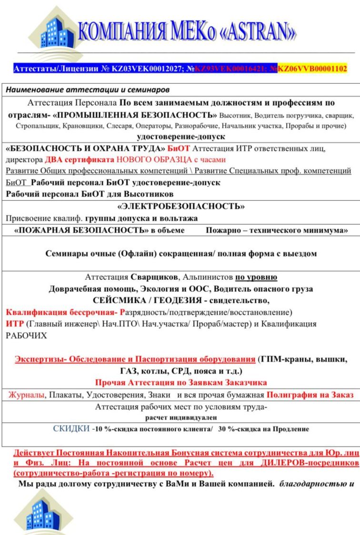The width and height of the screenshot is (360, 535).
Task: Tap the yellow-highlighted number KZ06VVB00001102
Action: point(312,69)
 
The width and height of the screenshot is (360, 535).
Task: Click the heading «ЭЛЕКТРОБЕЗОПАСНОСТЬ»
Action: point(180,207)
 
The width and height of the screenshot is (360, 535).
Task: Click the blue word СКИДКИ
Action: point(71,429)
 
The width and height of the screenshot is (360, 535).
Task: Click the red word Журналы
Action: point(26,395)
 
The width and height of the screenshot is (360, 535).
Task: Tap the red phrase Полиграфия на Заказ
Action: point(310,395)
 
